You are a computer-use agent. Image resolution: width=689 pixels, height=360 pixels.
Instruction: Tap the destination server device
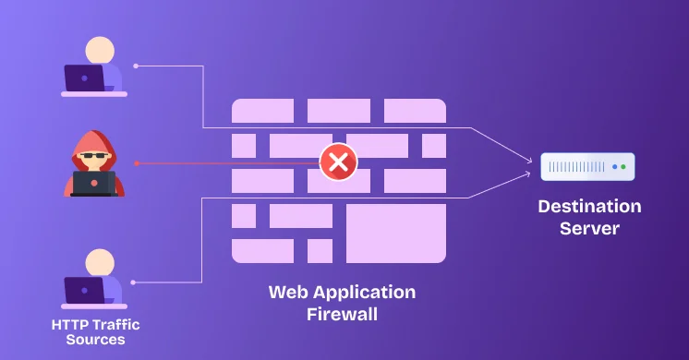pos(587,167)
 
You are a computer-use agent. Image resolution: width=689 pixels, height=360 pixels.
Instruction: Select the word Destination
pos(589,206)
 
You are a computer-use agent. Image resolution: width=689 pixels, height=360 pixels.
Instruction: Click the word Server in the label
pos(589,227)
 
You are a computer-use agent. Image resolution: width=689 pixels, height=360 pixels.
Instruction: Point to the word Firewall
pos(342,314)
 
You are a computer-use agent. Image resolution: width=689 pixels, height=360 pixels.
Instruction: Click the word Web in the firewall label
pos(286,293)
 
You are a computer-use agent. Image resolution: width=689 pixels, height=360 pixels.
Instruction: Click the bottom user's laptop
pos(84,290)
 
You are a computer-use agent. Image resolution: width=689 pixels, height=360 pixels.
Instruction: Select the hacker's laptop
pos(93,183)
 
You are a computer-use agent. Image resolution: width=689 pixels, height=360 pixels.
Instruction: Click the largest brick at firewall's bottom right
pos(395,234)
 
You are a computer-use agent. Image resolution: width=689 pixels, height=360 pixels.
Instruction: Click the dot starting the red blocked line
pos(136,163)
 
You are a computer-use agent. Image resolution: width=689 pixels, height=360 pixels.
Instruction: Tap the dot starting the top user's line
pos(136,66)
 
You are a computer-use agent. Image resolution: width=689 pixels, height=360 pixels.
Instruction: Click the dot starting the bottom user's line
pos(135,282)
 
